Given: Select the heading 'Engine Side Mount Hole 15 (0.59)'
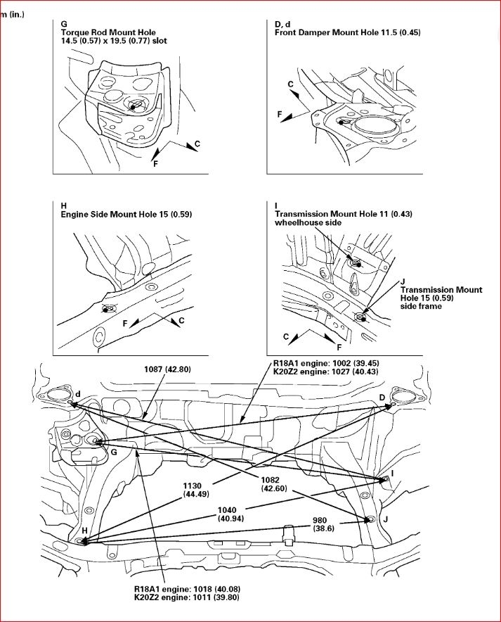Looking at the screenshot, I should coord(126,214).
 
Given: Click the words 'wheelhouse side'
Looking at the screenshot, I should coord(308,222).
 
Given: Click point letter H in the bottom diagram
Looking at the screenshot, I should coord(84,529).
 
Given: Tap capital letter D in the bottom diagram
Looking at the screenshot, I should coord(382,398).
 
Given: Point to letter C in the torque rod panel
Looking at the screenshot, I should coord(197,144).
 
